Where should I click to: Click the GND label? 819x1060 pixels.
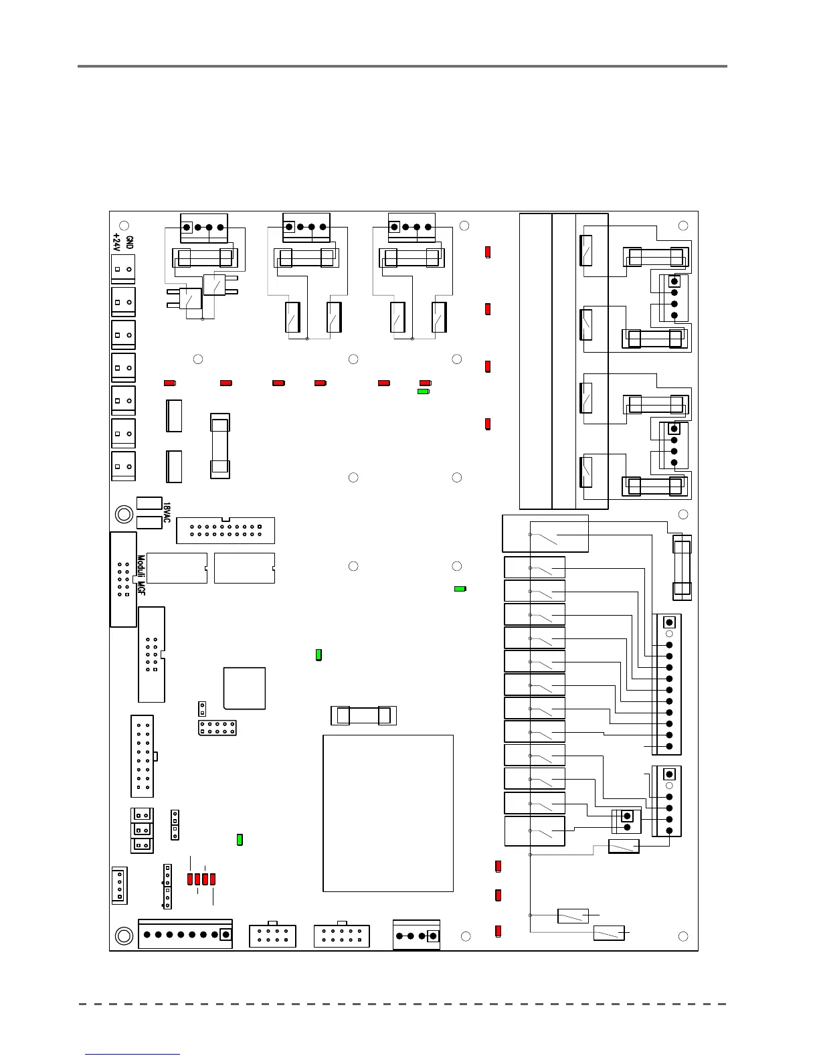pos(129,243)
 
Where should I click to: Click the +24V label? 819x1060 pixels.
pos(117,243)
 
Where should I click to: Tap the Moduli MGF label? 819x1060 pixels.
pos(141,575)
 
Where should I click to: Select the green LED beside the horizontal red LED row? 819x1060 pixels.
pos(424,391)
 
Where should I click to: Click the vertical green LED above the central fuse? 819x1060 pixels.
pos(319,654)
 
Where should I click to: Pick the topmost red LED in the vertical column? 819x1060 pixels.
pos(488,252)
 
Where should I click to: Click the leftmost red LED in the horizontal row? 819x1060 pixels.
pos(169,383)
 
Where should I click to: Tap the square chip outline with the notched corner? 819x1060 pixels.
pos(245,688)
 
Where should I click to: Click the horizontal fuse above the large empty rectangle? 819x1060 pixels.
pos(364,715)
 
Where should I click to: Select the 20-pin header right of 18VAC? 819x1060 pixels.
pos(225,531)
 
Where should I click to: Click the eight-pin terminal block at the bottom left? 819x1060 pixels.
pos(185,934)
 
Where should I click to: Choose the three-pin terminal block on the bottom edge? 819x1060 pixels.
pos(417,936)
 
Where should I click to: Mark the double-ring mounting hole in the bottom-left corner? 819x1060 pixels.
pos(124,936)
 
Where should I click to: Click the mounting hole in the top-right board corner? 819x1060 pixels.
pos(683,226)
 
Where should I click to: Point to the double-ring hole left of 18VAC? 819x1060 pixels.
pos(124,514)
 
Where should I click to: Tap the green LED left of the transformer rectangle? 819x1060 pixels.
pos(240,839)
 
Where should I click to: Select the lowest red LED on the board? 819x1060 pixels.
pos(498,931)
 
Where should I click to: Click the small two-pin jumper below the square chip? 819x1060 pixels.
pos(201,709)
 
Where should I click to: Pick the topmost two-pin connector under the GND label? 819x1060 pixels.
pos(123,269)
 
